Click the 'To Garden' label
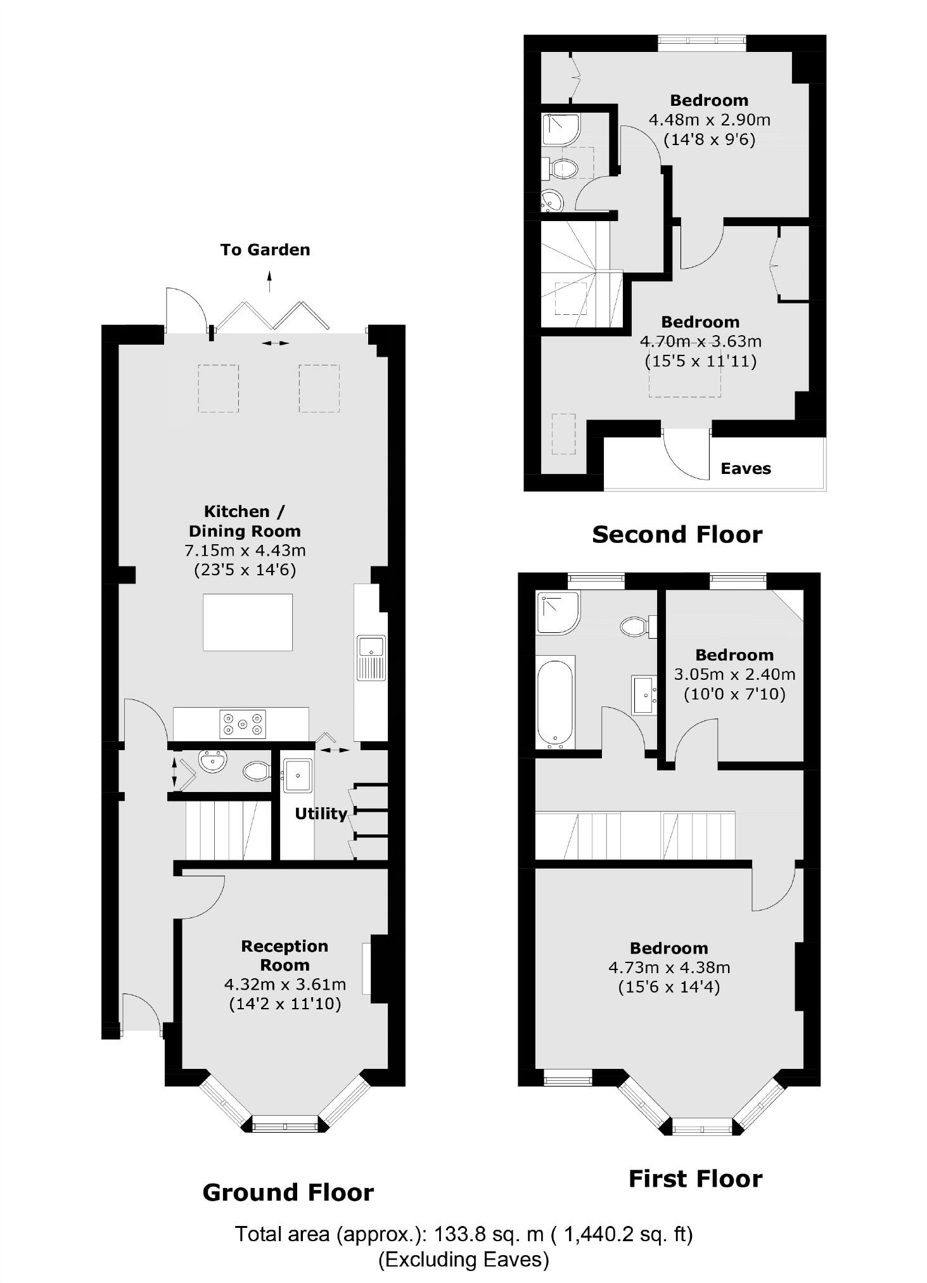click(265, 250)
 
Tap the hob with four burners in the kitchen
click(243, 724)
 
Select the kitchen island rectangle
click(248, 622)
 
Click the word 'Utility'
click(321, 814)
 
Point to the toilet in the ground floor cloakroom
click(257, 770)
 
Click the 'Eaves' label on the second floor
click(746, 469)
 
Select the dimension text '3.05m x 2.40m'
click(734, 675)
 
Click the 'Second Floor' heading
click(677, 535)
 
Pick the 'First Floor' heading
click(695, 1179)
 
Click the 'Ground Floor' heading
click(288, 1193)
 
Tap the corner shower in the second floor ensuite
click(560, 129)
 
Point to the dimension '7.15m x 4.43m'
click(245, 551)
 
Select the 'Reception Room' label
click(284, 955)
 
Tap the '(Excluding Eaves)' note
click(463, 1259)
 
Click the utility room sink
click(297, 775)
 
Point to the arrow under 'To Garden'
click(269, 281)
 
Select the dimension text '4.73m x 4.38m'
click(669, 967)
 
